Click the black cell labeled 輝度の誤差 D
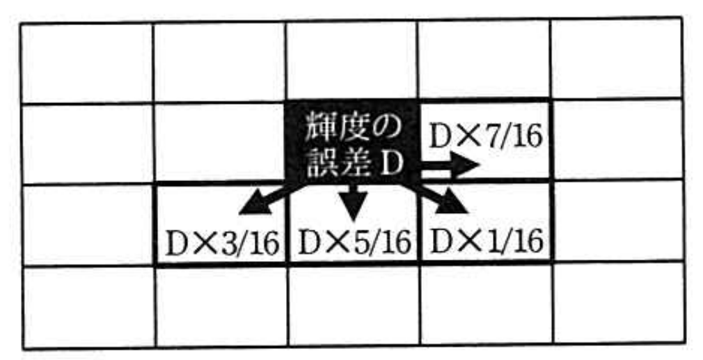click(353, 141)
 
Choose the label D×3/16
click(223, 244)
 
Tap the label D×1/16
click(487, 242)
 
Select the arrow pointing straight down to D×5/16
click(353, 203)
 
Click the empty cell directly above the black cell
click(352, 61)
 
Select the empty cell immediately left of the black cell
click(220, 142)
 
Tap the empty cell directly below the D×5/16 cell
click(354, 305)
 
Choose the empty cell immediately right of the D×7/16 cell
click(618, 139)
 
